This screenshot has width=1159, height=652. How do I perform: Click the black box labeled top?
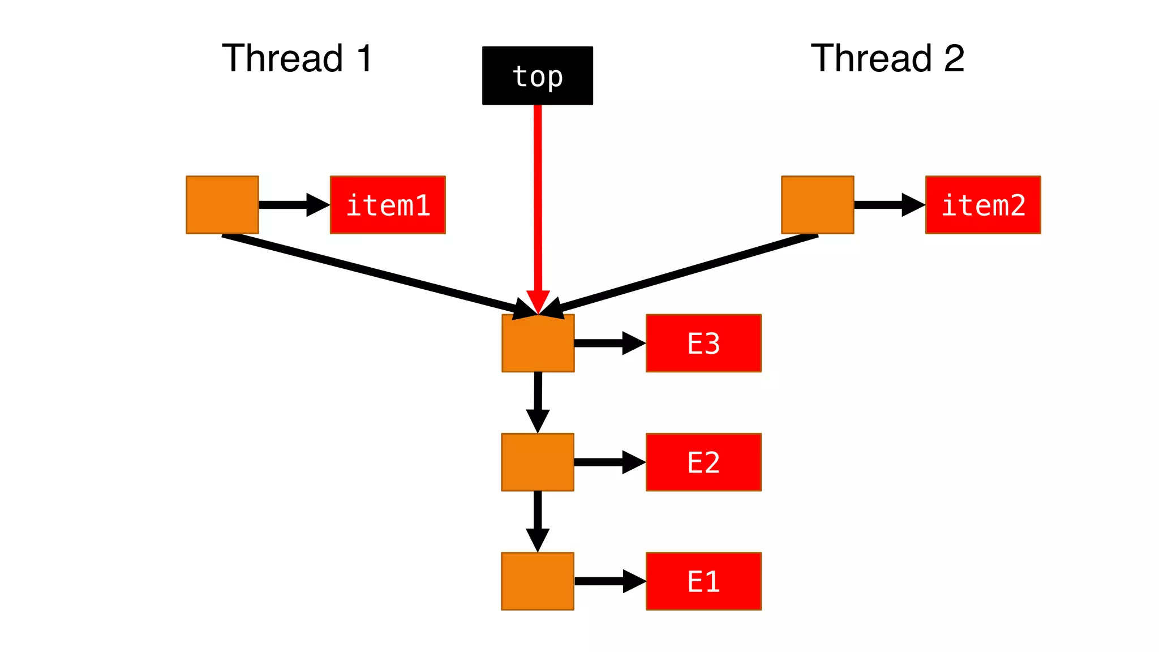(x=537, y=75)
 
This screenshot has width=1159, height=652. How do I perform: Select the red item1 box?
(x=388, y=205)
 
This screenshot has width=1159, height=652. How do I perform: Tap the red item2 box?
(x=983, y=205)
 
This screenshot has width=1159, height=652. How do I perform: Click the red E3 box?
(x=703, y=343)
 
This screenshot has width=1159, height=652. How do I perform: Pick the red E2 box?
(x=703, y=462)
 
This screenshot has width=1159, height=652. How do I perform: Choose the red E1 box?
(x=703, y=581)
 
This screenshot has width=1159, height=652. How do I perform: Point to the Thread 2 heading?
(x=887, y=58)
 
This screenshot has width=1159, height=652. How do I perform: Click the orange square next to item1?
(x=222, y=205)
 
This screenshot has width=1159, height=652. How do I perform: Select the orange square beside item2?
(x=817, y=205)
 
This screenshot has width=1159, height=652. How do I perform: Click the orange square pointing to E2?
(x=538, y=462)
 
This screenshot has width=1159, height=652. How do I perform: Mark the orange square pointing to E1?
(x=538, y=581)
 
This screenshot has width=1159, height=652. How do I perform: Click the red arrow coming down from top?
(x=538, y=198)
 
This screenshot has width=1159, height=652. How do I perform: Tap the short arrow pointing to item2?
(x=887, y=205)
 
